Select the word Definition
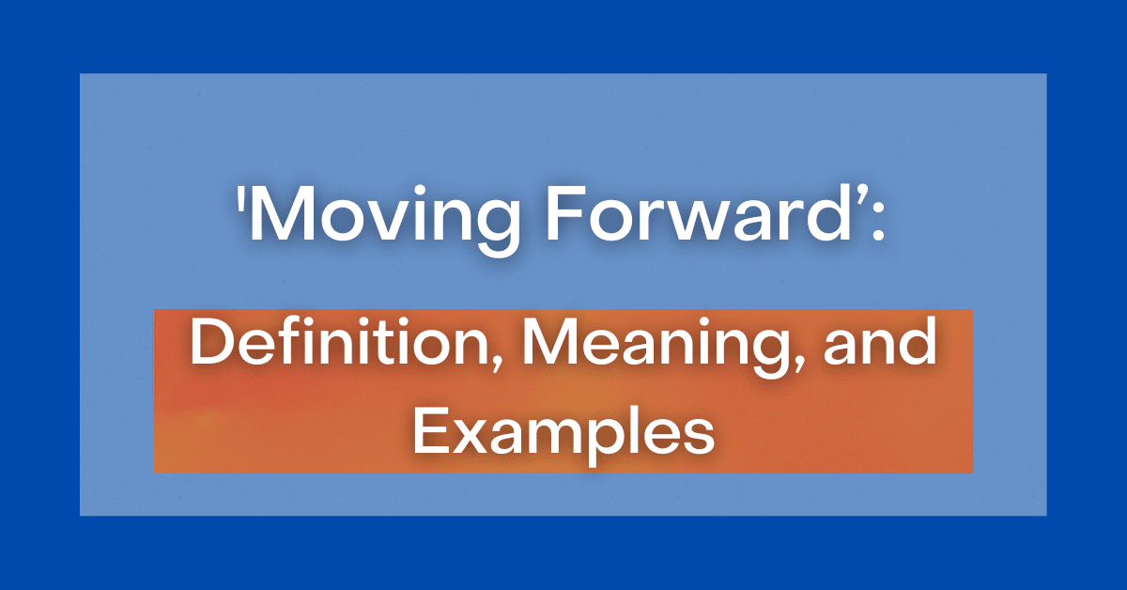pos(341,341)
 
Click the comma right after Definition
pos(497,363)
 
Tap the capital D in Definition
pos(212,341)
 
